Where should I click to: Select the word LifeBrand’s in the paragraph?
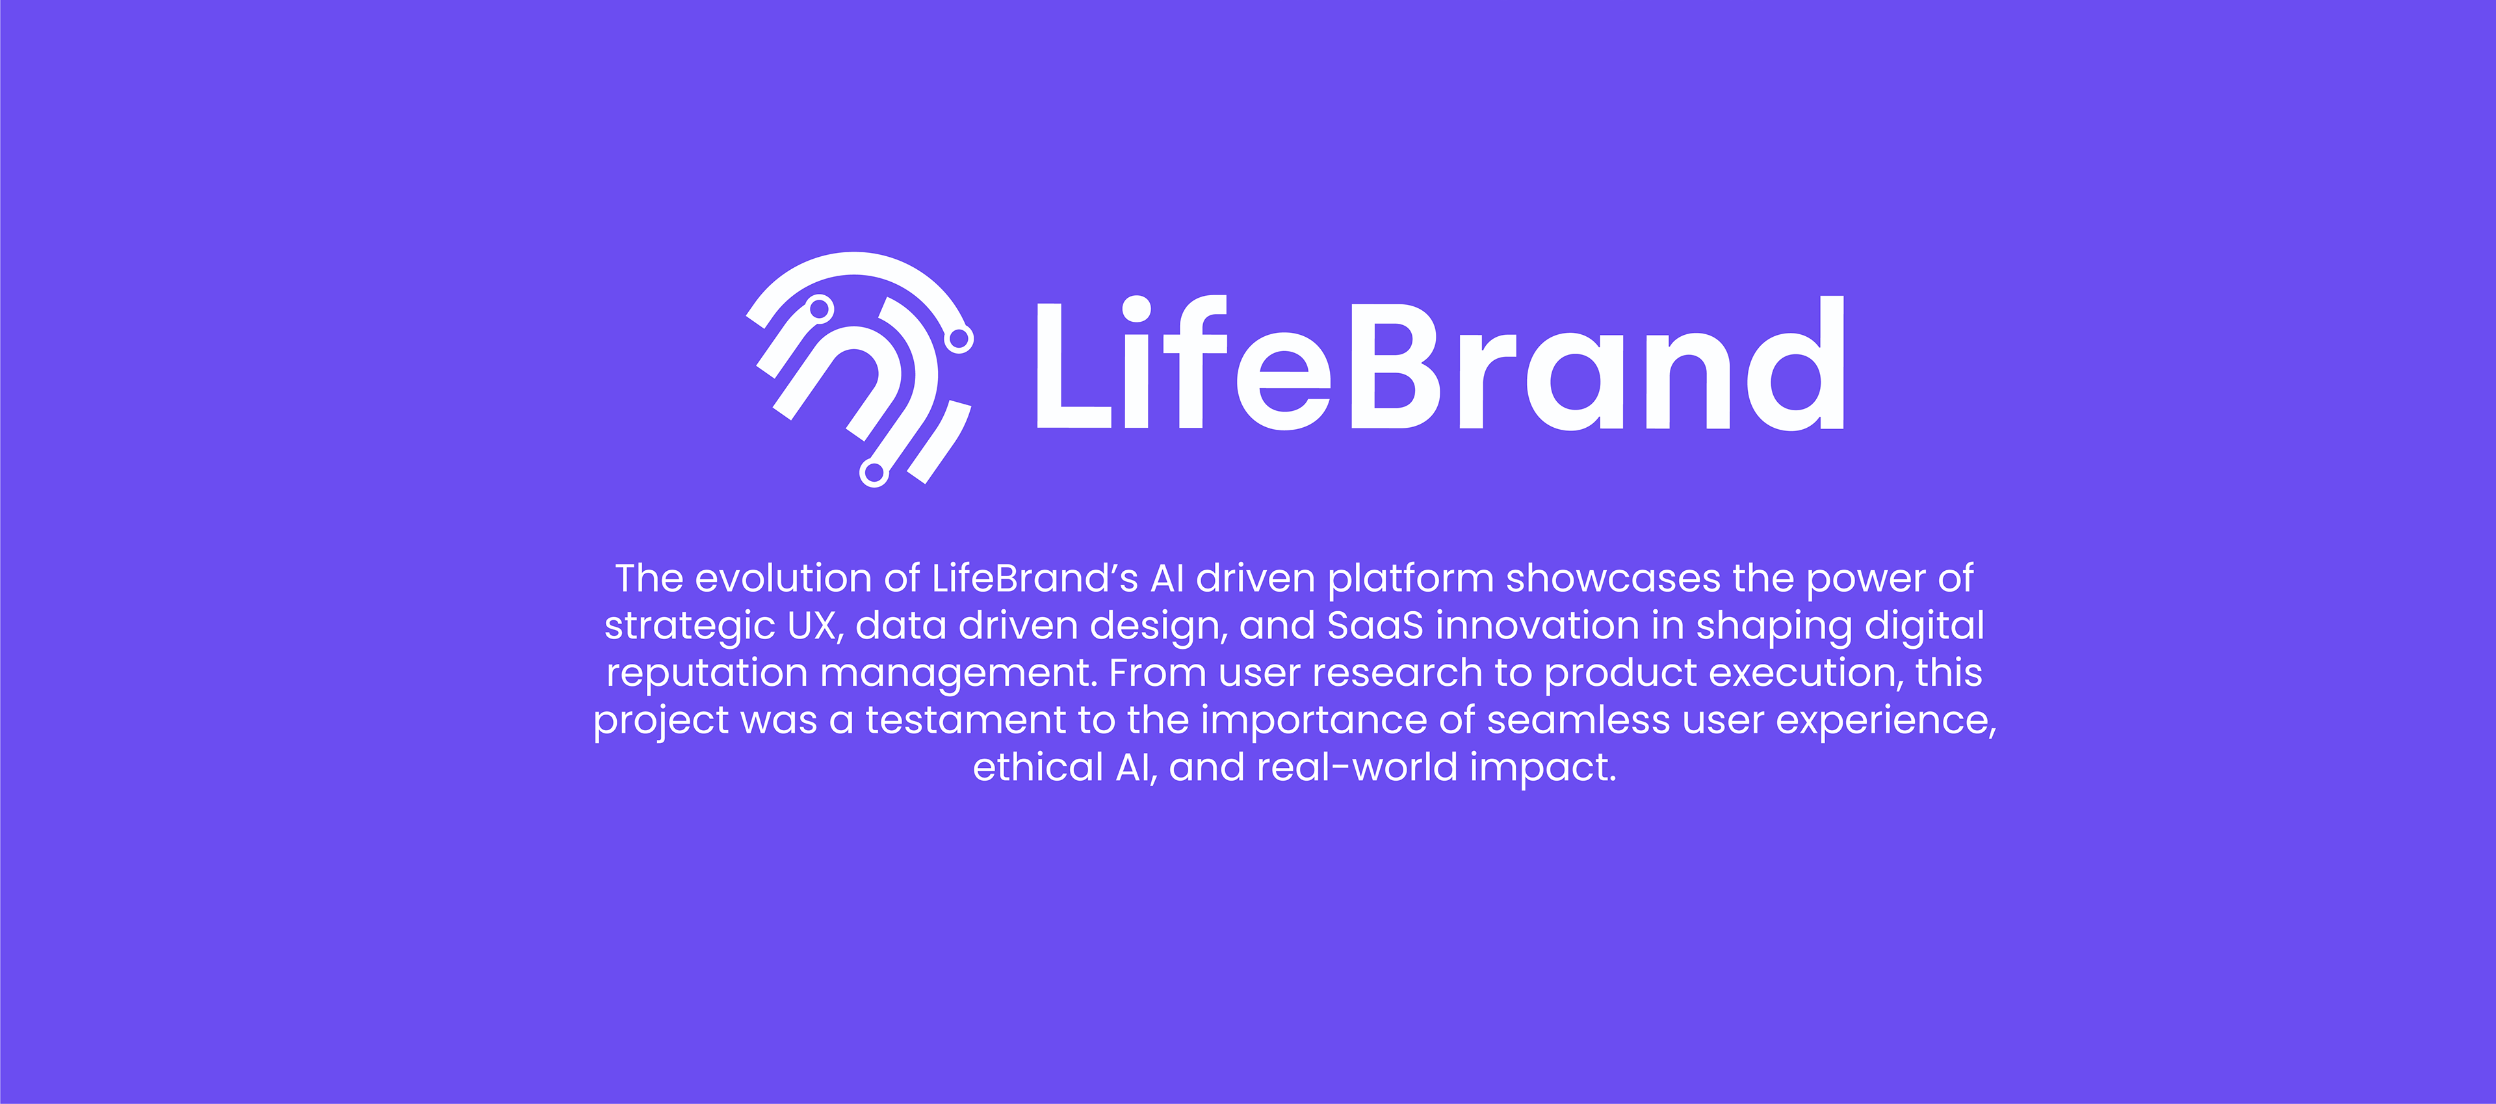point(1035,579)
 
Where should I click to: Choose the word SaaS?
point(1375,626)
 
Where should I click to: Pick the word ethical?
point(1038,769)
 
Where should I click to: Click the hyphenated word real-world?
point(1357,769)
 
